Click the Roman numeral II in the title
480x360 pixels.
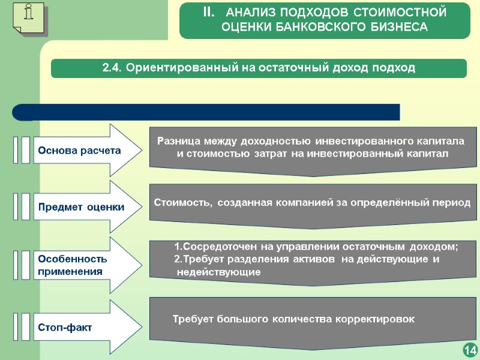pos(208,12)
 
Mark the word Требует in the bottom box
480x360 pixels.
pos(193,319)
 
